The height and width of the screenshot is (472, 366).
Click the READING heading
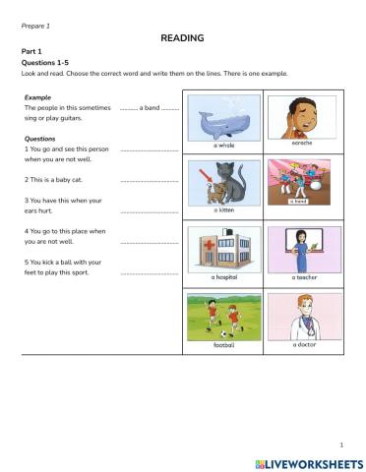[182, 37]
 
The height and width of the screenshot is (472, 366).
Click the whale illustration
[223, 119]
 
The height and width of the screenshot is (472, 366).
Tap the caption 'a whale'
[223, 145]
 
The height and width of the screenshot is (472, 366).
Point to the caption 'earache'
[301, 143]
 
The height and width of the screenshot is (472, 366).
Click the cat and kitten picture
[223, 182]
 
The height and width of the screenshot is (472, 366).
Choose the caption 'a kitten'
[223, 209]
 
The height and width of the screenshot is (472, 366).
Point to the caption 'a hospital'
[223, 277]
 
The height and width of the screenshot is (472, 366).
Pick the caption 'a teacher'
[304, 277]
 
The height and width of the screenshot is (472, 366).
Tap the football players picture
[223, 317]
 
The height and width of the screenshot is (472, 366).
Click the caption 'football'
[223, 345]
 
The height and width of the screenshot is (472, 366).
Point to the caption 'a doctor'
[304, 344]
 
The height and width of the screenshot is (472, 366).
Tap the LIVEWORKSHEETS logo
[309, 462]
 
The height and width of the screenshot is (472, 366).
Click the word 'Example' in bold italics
[37, 97]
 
